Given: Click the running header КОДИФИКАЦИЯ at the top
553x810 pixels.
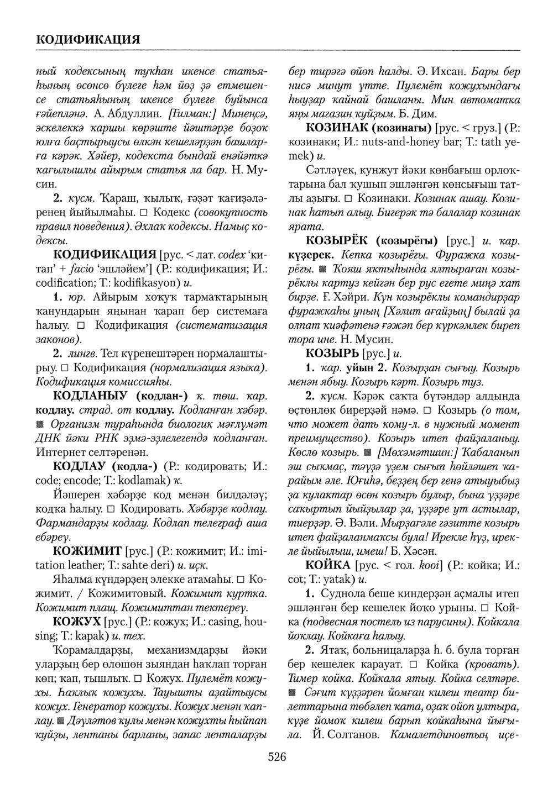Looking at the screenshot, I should point(87,40).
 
